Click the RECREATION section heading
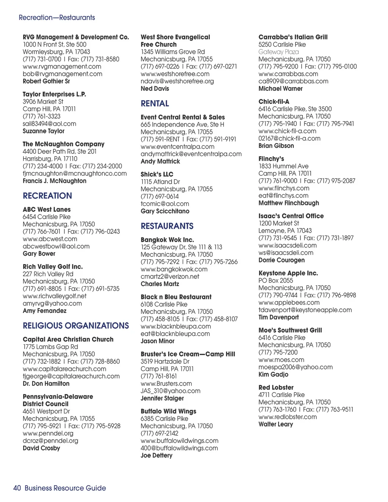click(x=47, y=196)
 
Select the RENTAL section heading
click(x=155, y=103)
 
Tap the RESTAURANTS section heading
click(x=167, y=226)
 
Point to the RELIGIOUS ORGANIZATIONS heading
click(x=76, y=326)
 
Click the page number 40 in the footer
click(x=17, y=488)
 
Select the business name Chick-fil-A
click(x=274, y=102)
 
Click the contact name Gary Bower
click(x=39, y=253)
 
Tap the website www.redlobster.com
click(x=288, y=417)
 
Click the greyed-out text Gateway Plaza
click(x=278, y=52)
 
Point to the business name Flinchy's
click(x=271, y=159)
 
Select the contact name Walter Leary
click(x=275, y=424)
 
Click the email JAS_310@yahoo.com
click(x=171, y=391)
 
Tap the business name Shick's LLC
click(x=157, y=174)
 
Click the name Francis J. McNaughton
click(x=55, y=181)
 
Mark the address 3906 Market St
click(x=43, y=102)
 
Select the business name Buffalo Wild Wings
click(x=168, y=411)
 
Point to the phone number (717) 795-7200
click(x=278, y=352)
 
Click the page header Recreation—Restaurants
click(x=57, y=17)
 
